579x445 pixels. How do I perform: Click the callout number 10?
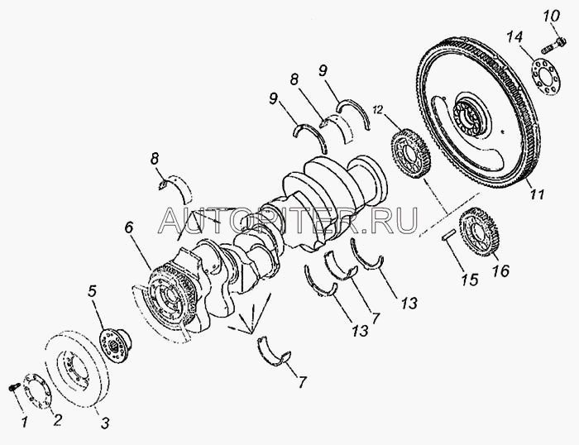click(552, 17)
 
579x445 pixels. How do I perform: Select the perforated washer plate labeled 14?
click(545, 78)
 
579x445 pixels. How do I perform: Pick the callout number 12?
click(379, 110)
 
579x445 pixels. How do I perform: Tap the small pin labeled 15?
click(449, 235)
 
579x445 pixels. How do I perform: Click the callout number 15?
click(470, 280)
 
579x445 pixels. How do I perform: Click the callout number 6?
click(128, 227)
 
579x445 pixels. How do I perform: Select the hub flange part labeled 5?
click(115, 344)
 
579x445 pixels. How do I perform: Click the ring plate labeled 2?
click(38, 391)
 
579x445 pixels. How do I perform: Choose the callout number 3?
click(105, 423)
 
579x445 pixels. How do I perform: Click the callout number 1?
click(24, 421)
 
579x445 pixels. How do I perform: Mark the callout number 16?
click(501, 270)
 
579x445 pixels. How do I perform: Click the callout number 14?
click(514, 37)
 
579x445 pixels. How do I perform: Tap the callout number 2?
click(57, 420)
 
